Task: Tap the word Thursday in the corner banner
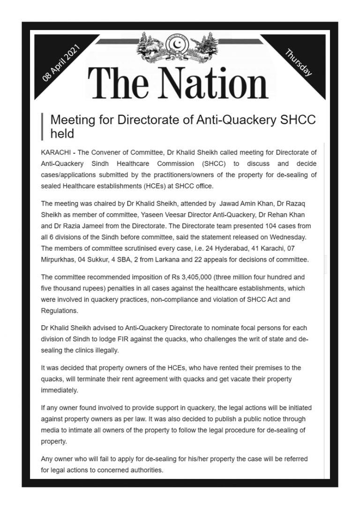pos(299,62)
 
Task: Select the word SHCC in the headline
pos(299,120)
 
